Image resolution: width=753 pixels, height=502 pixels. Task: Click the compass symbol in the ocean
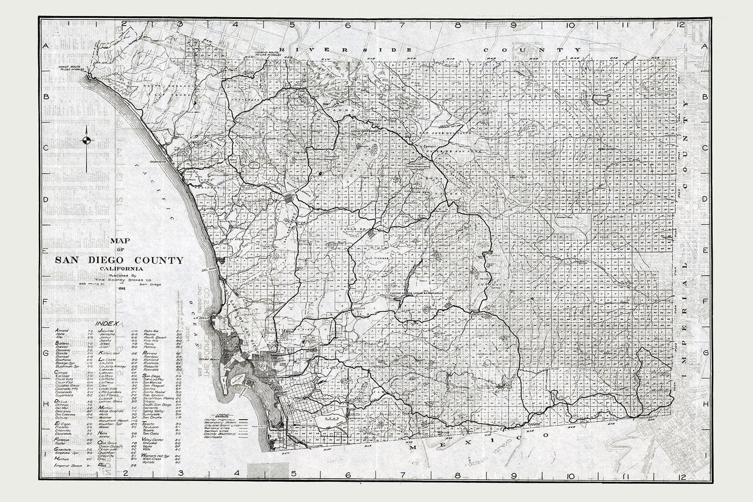tap(88, 141)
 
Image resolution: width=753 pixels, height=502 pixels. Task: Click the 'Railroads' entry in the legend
tap(212, 438)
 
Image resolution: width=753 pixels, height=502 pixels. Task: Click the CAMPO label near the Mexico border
tap(536, 424)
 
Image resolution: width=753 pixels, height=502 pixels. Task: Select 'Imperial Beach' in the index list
tap(68, 466)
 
